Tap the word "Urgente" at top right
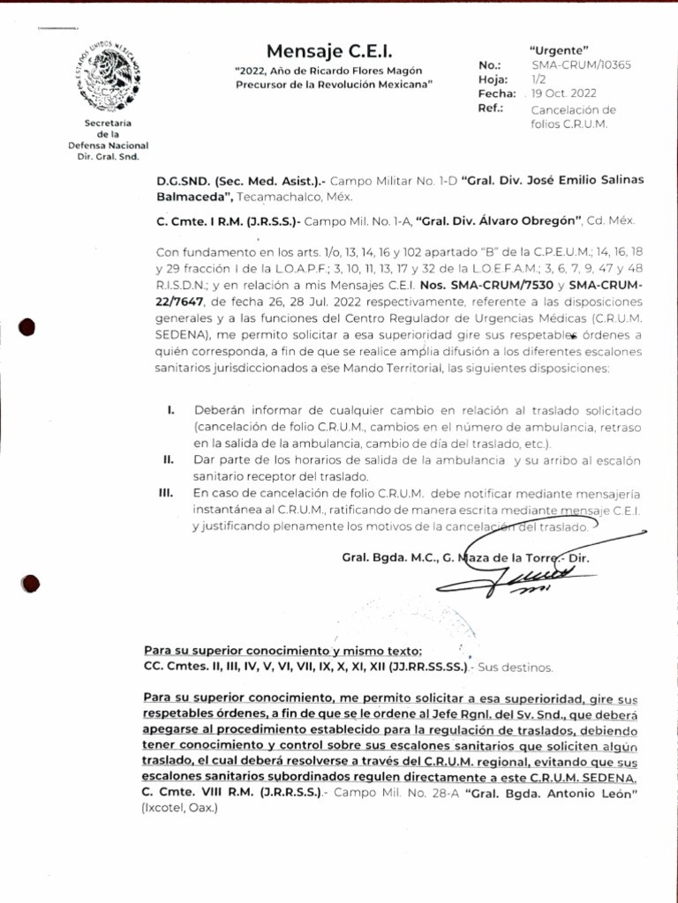558,49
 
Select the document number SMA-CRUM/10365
581,64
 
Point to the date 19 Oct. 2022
563,93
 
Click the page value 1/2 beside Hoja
539,78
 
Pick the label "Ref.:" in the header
490,108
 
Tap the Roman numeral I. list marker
170,411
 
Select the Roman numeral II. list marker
168,460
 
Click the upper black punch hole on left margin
27,329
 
